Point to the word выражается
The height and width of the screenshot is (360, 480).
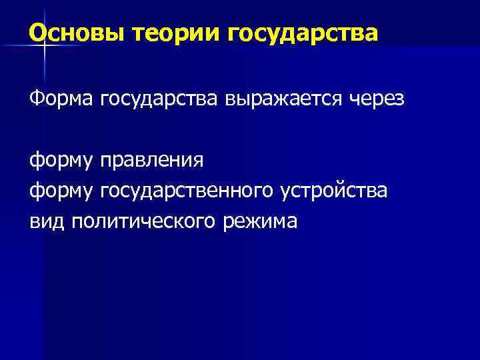287,101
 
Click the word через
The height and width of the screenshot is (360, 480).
379,101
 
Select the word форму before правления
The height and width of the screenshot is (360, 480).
62,162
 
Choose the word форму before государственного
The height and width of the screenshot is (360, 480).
62,192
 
